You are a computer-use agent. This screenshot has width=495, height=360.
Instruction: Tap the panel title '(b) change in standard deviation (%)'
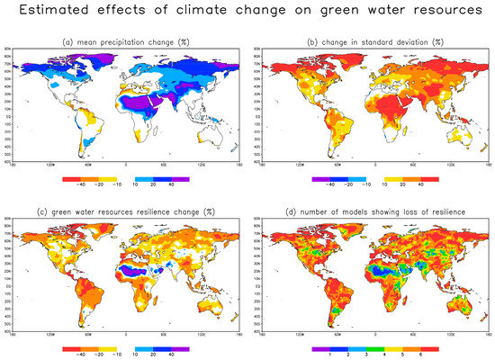(x=373, y=42)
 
